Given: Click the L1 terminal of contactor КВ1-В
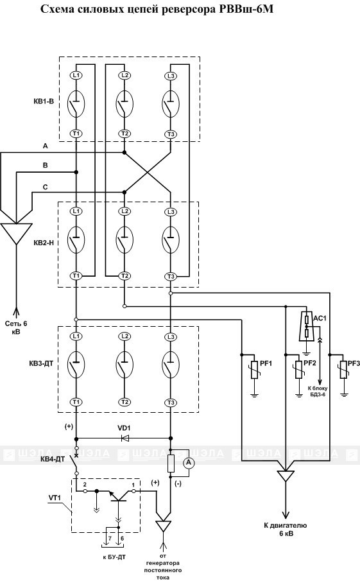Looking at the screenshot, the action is point(76,75).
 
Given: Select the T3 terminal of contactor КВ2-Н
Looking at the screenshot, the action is point(170,276).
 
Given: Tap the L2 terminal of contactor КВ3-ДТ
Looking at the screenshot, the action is point(124,336).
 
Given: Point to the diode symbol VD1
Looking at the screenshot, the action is point(125,438).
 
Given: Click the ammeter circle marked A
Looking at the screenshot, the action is point(189,462).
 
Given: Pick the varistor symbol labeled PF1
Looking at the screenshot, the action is point(253,369).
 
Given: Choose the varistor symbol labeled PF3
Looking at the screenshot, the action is point(344,369).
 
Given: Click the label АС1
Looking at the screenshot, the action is point(320,318).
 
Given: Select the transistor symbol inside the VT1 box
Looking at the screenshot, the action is point(119,496).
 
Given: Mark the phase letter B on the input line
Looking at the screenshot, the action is point(45,165).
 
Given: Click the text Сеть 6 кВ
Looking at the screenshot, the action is point(16,327).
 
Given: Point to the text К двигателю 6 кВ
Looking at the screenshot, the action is point(285,530).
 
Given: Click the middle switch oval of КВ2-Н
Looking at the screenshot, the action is point(124,239).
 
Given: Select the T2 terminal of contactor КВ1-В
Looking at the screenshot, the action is point(124,134).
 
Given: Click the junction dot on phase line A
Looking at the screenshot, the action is point(124,152).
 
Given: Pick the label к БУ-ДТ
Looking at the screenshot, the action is point(114,557).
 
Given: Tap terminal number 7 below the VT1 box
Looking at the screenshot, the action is point(110,538).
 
